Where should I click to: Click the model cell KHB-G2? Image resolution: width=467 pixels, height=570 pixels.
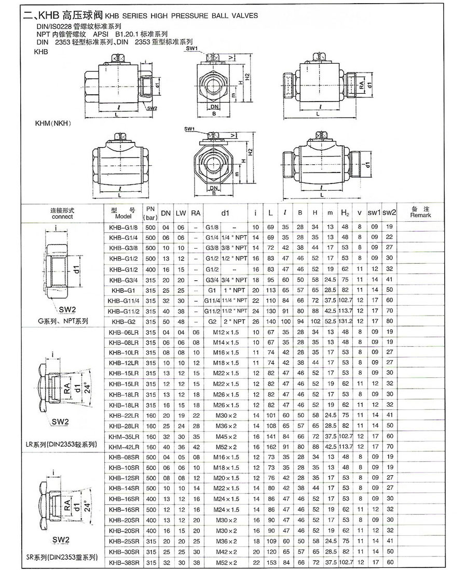(124, 321)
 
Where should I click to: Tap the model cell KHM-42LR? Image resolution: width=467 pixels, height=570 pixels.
(124, 447)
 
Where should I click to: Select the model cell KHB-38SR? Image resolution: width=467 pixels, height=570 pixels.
(124, 562)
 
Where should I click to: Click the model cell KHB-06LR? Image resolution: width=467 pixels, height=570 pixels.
(124, 332)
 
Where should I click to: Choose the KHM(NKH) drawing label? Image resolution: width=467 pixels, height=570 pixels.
(52, 123)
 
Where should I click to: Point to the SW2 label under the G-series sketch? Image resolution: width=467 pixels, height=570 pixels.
(67, 309)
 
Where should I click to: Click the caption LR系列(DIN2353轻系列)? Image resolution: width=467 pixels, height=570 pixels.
(61, 445)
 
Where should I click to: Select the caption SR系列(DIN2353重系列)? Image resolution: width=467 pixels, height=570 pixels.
(61, 558)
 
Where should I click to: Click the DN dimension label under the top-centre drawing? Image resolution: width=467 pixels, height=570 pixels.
(214, 107)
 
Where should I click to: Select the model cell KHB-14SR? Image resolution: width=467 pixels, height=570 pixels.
(124, 488)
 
